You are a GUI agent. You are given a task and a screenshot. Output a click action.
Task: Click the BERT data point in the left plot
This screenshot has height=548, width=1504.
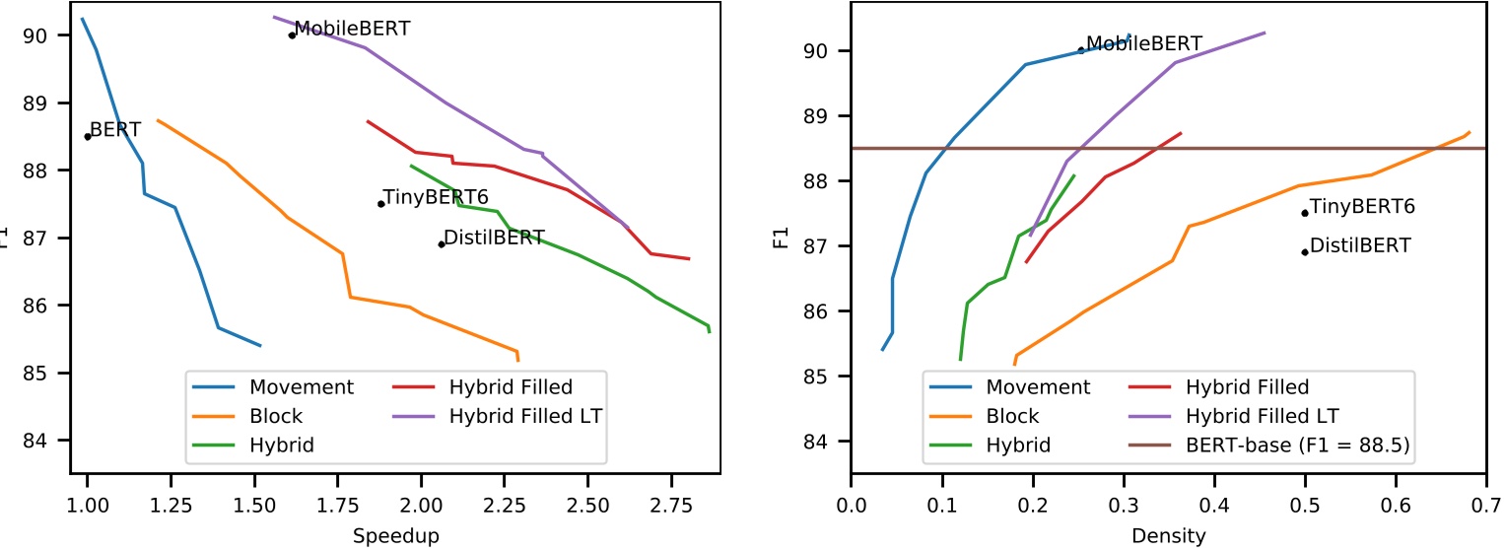(x=88, y=136)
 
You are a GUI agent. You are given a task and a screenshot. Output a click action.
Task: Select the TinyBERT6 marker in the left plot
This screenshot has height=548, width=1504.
(x=380, y=204)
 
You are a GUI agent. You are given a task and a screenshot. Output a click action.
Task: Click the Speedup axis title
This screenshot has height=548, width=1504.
(x=395, y=535)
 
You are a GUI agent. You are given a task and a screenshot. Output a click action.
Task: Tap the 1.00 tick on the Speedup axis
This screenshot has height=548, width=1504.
(x=88, y=505)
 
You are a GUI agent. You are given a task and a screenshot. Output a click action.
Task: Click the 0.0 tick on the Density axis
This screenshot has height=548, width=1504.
(x=851, y=505)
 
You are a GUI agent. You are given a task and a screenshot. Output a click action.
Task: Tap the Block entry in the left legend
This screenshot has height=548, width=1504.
(x=276, y=416)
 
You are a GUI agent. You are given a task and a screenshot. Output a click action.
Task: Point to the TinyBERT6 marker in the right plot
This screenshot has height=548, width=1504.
(x=1305, y=213)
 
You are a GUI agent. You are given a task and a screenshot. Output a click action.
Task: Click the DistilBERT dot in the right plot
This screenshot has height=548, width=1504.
(x=1305, y=251)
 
